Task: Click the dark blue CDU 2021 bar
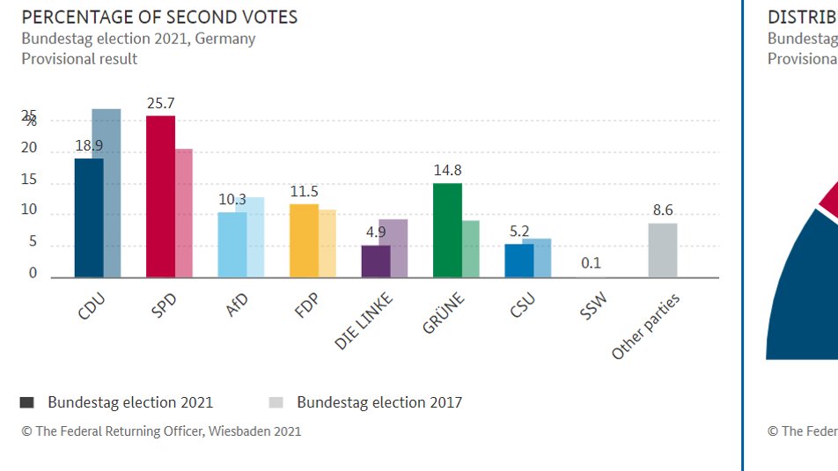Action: [88, 217]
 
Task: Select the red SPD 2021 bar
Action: [160, 196]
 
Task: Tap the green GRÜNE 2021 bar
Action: [447, 230]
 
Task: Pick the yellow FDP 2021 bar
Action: [304, 240]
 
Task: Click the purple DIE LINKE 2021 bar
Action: [375, 261]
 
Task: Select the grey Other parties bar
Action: [663, 250]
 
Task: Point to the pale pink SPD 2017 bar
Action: [183, 213]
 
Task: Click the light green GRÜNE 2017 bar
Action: [471, 248]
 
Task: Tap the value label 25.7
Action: [160, 104]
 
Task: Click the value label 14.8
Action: [447, 171]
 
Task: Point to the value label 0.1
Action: [592, 263]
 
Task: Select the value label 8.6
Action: [663, 210]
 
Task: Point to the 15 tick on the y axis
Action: [30, 180]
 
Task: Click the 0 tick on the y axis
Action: [33, 273]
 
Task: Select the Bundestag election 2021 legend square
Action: [27, 402]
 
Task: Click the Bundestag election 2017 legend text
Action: [379, 402]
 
